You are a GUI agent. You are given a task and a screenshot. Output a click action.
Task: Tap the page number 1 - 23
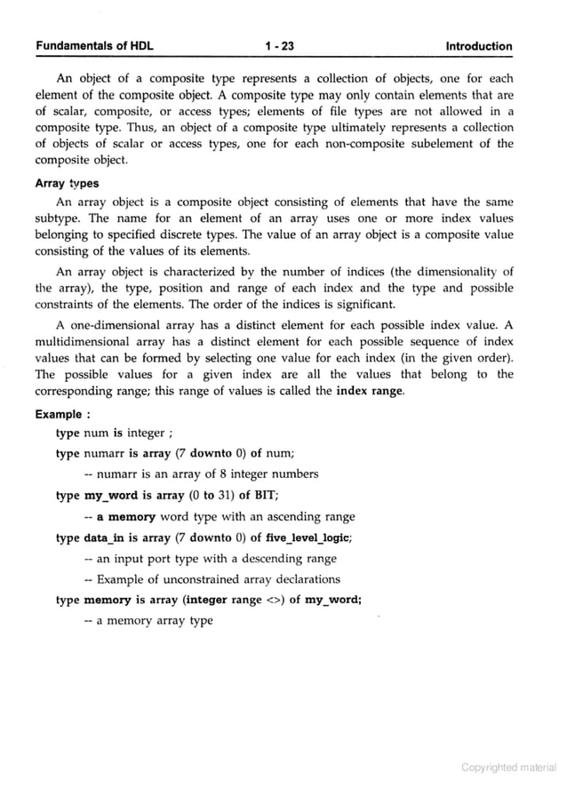283,46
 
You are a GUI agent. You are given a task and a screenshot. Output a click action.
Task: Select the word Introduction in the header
479,46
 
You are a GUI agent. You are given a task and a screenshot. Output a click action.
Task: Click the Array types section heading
67,184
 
